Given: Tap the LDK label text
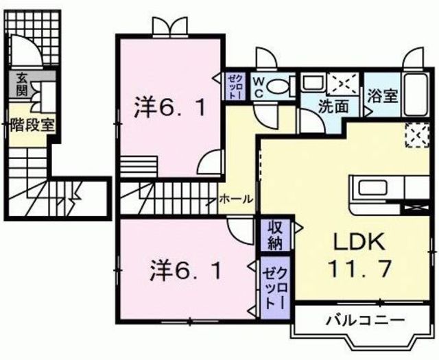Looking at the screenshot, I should click(360, 243).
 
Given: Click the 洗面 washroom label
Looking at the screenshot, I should click(331, 106).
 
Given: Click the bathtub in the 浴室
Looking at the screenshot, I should click(414, 95).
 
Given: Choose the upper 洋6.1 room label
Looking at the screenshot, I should click(168, 108).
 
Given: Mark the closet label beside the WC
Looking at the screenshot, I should click(234, 87).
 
